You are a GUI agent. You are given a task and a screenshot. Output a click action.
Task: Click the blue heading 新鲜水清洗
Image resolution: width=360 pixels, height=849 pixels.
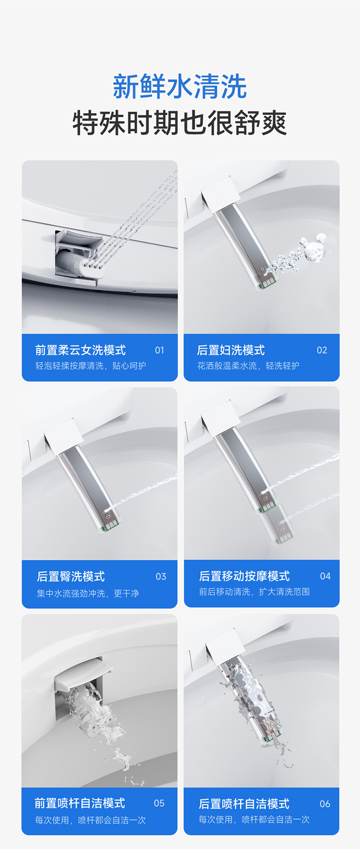(180, 87)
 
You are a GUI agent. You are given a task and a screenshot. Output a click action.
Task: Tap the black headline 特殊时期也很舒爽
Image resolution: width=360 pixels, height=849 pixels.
(180, 123)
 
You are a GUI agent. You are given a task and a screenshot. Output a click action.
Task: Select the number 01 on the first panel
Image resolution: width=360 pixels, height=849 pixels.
(159, 350)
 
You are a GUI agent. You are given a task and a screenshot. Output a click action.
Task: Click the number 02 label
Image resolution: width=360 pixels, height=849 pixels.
(322, 350)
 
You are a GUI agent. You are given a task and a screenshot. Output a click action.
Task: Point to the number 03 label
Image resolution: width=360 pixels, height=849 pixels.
(161, 576)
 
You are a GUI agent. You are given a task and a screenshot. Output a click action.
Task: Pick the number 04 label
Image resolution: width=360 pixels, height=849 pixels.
(325, 576)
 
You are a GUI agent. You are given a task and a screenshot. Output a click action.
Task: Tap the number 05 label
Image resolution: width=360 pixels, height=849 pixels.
(159, 803)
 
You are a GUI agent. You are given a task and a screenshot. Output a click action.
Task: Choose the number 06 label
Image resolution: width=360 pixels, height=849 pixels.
(325, 803)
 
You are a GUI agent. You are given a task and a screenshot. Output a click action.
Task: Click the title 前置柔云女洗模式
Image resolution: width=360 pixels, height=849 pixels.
(80, 350)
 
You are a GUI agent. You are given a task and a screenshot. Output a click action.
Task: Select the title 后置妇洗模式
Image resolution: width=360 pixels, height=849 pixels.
(231, 350)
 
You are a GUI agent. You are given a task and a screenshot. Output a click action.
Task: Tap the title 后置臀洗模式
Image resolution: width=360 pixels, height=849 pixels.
(71, 576)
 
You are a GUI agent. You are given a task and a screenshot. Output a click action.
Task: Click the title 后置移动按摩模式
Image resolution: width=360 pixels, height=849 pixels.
(244, 576)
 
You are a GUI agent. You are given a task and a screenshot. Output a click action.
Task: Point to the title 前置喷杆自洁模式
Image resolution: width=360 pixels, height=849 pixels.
(80, 803)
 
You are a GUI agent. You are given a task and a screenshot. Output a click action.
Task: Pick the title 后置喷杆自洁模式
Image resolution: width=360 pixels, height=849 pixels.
(244, 803)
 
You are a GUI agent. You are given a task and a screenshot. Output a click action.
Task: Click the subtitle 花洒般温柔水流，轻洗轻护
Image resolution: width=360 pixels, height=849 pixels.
(248, 366)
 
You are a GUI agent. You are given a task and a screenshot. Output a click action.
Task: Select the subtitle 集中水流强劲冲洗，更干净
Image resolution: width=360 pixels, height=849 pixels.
(88, 593)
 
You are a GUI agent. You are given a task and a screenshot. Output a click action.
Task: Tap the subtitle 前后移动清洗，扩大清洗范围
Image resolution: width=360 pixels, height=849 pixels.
(254, 591)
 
